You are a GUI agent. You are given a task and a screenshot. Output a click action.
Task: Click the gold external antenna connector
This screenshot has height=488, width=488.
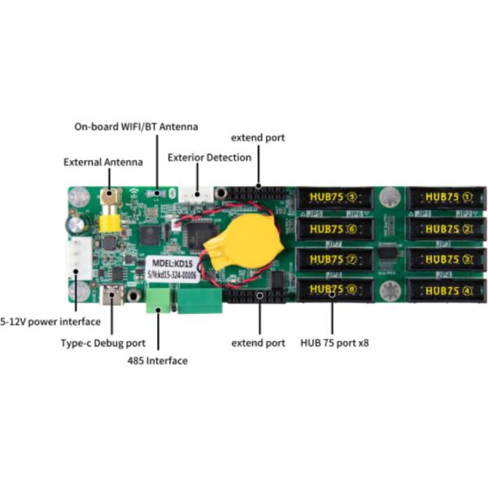[107, 220]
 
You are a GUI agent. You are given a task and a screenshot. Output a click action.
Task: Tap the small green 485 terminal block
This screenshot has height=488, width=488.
[156, 303]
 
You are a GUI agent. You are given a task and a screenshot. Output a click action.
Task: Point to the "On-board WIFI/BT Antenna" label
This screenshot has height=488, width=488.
[136, 127]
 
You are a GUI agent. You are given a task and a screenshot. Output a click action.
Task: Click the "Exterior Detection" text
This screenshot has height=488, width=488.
[209, 156]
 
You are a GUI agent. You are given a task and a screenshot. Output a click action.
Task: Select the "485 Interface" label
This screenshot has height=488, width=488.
[158, 359]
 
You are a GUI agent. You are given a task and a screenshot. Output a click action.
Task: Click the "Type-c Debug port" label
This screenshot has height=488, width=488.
[103, 342]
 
